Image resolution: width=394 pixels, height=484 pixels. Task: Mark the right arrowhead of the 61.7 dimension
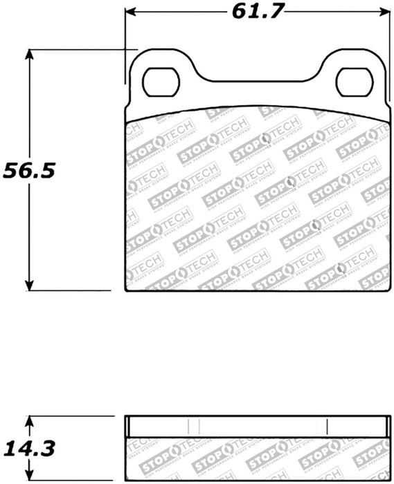(384, 12)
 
